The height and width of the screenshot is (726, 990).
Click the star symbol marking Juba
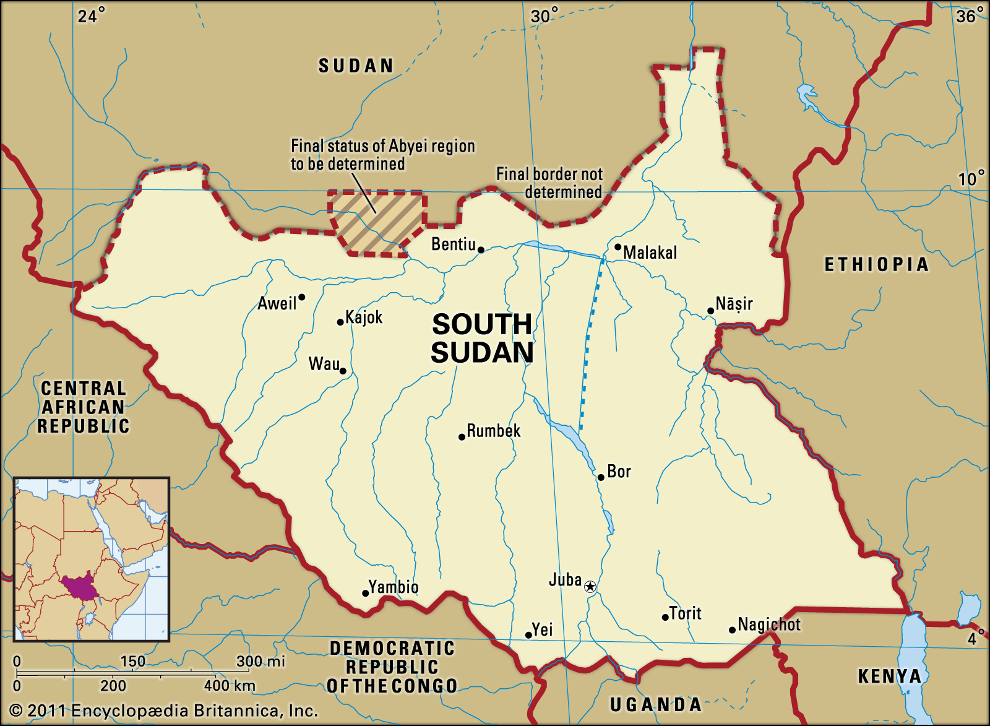pyautogui.click(x=590, y=586)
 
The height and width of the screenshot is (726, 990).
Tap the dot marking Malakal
pyautogui.click(x=618, y=247)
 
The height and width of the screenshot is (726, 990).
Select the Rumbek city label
pyautogui.click(x=493, y=431)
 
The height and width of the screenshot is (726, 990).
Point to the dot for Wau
pyautogui.click(x=343, y=371)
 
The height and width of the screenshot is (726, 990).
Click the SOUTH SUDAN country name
pyautogui.click(x=482, y=339)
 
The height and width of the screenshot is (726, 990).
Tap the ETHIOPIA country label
pyautogui.click(x=876, y=265)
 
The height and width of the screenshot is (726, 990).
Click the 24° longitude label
pyautogui.click(x=91, y=15)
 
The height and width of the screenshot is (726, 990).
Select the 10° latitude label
pyautogui.click(x=971, y=179)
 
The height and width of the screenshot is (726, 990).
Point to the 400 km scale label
pyautogui.click(x=229, y=686)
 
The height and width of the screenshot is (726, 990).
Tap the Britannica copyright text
pyautogui.click(x=164, y=711)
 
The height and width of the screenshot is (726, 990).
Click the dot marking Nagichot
pyautogui.click(x=732, y=630)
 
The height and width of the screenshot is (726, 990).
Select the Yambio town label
pyautogui.click(x=394, y=586)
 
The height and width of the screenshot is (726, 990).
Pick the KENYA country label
pyautogui.click(x=889, y=676)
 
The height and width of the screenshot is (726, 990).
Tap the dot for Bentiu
pyautogui.click(x=481, y=250)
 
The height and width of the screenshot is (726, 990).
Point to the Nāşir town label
pyautogui.click(x=734, y=304)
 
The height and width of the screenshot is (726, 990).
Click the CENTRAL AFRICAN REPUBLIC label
pyautogui.click(x=84, y=407)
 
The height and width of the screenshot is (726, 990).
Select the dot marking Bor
pyautogui.click(x=600, y=477)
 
